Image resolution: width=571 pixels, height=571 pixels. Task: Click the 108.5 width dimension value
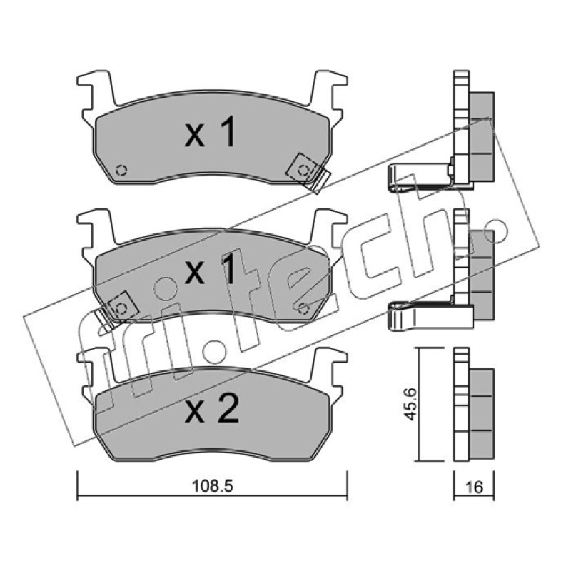(x=212, y=486)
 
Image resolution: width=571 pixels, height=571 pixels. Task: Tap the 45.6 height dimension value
(x=411, y=404)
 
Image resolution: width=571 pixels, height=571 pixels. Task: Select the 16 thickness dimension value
(x=474, y=487)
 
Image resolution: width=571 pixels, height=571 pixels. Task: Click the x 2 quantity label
(x=212, y=408)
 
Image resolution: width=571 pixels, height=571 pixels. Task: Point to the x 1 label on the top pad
(x=211, y=132)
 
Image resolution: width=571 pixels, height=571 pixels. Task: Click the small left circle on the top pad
(x=121, y=170)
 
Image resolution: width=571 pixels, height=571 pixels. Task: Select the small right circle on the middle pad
(x=303, y=309)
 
